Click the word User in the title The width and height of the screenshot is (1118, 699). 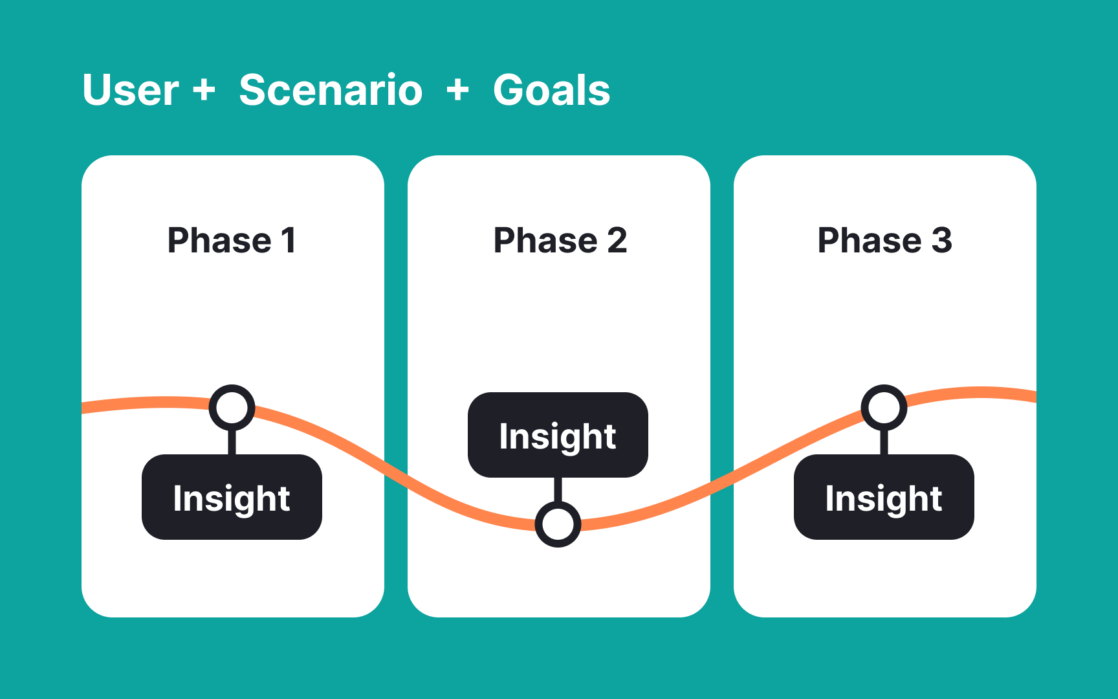pos(131,90)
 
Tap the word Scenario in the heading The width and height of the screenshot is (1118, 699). pos(331,90)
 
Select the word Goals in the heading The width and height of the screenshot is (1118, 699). pos(551,90)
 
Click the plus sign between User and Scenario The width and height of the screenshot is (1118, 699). pos(204,89)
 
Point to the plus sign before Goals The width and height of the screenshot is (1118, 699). pos(457,89)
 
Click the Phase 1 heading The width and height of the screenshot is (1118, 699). pos(232,241)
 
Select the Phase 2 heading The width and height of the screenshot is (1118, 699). pos(560,241)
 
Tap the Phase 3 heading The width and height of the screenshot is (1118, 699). pos(884,241)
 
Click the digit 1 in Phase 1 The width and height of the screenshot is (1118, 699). pos(289,241)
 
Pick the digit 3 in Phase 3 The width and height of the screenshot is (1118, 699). pos(941,241)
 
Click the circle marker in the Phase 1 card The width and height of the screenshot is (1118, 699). pos(232,408)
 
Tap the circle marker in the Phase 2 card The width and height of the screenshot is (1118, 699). pos(558,524)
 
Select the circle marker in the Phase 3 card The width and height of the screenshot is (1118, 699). pos(884,408)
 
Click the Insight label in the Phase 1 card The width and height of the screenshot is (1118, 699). pos(232,498)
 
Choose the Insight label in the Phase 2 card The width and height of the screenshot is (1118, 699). pos(558,436)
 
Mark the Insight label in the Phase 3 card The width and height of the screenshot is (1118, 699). pos(884,498)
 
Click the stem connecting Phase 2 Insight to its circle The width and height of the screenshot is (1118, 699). pos(558,489)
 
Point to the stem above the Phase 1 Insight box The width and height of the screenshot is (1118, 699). pos(232,442)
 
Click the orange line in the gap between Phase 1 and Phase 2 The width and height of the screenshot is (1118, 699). pos(396,471)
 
